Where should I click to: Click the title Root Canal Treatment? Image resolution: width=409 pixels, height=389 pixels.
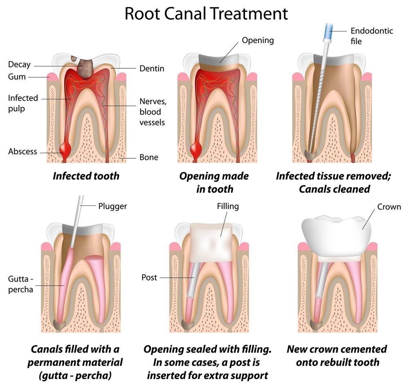tap(206, 13)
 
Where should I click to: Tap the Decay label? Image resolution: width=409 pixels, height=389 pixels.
tap(19, 65)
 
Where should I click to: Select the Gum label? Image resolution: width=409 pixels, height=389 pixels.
tap(17, 77)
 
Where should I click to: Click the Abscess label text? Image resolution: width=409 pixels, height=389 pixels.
tap(22, 151)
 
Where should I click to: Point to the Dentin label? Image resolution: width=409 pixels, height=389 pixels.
tap(152, 68)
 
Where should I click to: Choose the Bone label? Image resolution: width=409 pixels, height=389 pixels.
tap(149, 157)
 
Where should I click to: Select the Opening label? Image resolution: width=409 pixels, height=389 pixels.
tap(258, 40)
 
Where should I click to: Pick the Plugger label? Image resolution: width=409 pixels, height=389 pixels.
tap(112, 206)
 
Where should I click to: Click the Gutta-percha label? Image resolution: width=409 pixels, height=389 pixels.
tap(20, 284)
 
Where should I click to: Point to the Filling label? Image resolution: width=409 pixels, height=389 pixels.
tap(228, 206)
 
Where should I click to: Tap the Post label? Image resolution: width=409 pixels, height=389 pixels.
tap(149, 277)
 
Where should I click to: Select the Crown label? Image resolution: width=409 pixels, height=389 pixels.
tap(389, 207)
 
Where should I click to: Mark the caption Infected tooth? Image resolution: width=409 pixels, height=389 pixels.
tap(86, 176)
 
